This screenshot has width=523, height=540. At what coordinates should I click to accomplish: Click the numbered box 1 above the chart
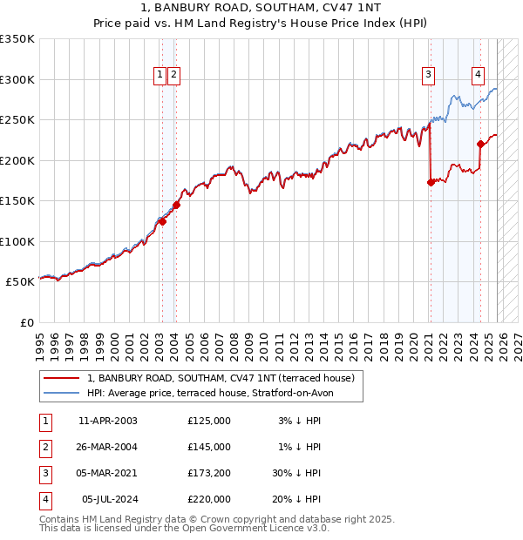160,76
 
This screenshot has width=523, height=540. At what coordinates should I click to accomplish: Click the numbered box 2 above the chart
174,76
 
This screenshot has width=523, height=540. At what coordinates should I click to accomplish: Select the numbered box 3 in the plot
429,76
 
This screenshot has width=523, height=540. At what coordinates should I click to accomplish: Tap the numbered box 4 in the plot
479,76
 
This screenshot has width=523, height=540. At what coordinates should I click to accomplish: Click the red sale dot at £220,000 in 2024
480,145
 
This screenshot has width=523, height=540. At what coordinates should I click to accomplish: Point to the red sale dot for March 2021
431,182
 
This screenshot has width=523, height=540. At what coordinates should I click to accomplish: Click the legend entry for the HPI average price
209,393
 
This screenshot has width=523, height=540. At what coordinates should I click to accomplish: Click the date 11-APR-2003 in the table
107,421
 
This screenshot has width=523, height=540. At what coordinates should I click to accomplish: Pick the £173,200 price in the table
208,473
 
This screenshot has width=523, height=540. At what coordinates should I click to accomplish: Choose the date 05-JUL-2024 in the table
107,499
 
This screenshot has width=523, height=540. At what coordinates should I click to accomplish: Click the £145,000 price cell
208,447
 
